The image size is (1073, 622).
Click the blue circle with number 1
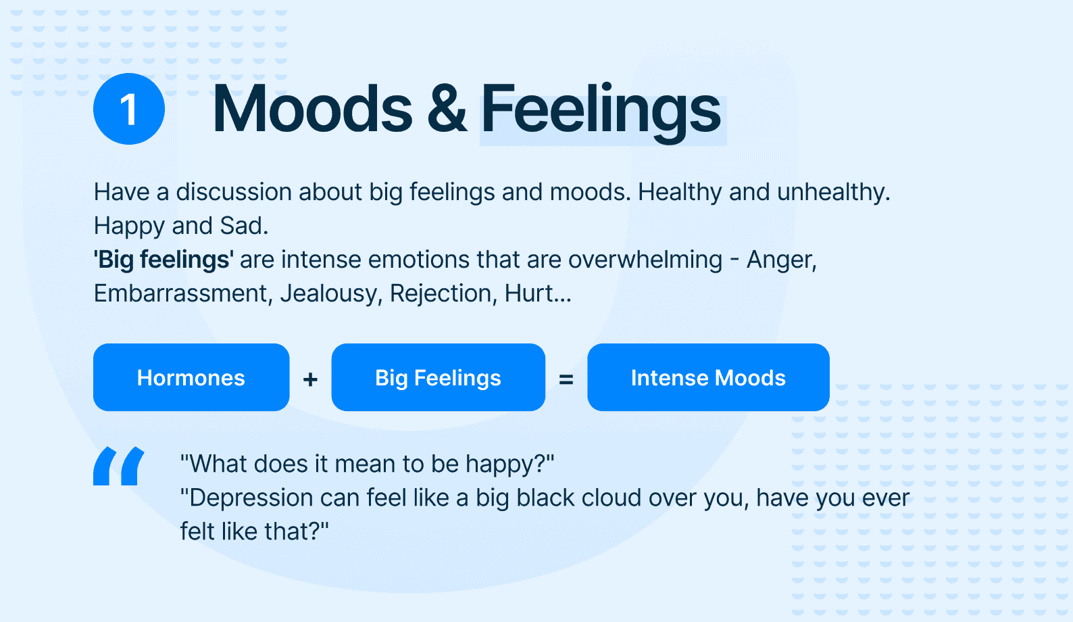tap(129, 109)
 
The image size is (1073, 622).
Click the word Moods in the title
tap(312, 109)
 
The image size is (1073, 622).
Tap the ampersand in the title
tap(447, 110)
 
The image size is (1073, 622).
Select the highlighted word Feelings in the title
tap(601, 114)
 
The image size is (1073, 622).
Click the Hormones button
tap(191, 377)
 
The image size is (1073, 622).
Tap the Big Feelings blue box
tap(439, 377)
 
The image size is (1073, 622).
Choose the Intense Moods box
tap(709, 377)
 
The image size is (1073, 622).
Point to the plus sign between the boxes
tap(310, 379)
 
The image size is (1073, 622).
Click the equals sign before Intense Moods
tap(566, 379)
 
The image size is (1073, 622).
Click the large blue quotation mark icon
tap(118, 466)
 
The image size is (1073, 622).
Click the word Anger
tap(782, 260)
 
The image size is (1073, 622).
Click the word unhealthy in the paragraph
tap(833, 193)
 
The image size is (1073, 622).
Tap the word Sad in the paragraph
tap(243, 226)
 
